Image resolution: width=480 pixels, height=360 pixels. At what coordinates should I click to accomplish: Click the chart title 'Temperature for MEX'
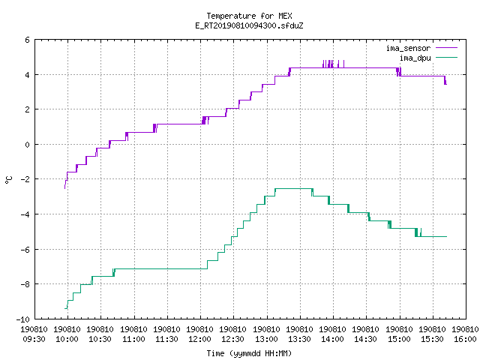tap(249, 16)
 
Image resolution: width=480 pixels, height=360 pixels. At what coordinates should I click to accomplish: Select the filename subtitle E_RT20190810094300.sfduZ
tap(249, 25)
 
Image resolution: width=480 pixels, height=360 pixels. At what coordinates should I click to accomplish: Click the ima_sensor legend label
tap(408, 48)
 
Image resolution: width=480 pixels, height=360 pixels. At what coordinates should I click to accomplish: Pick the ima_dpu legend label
tap(415, 58)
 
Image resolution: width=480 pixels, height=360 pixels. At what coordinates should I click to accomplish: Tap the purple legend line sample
tap(446, 48)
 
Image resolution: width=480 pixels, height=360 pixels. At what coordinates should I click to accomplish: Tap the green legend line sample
tap(446, 57)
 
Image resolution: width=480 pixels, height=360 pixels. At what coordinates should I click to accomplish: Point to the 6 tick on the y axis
tap(28, 40)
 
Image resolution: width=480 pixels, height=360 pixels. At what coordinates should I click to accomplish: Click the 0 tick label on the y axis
tap(28, 145)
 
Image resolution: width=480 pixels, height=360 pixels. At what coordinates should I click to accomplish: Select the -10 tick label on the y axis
tap(23, 319)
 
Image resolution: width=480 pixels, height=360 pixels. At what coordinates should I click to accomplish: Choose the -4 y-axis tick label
tap(25, 214)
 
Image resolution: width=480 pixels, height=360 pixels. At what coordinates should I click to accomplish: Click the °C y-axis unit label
tap(9, 180)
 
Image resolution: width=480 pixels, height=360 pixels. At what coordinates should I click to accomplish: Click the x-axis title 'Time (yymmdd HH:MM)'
tap(249, 353)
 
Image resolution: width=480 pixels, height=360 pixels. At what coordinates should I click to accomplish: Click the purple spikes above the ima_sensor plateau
tap(333, 64)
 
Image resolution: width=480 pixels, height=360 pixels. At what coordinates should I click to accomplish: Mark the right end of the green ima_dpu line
tap(447, 237)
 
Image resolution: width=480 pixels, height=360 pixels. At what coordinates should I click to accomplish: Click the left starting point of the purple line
tap(64, 188)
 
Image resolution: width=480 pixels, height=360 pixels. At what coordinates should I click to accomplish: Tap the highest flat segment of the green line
tap(293, 188)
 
